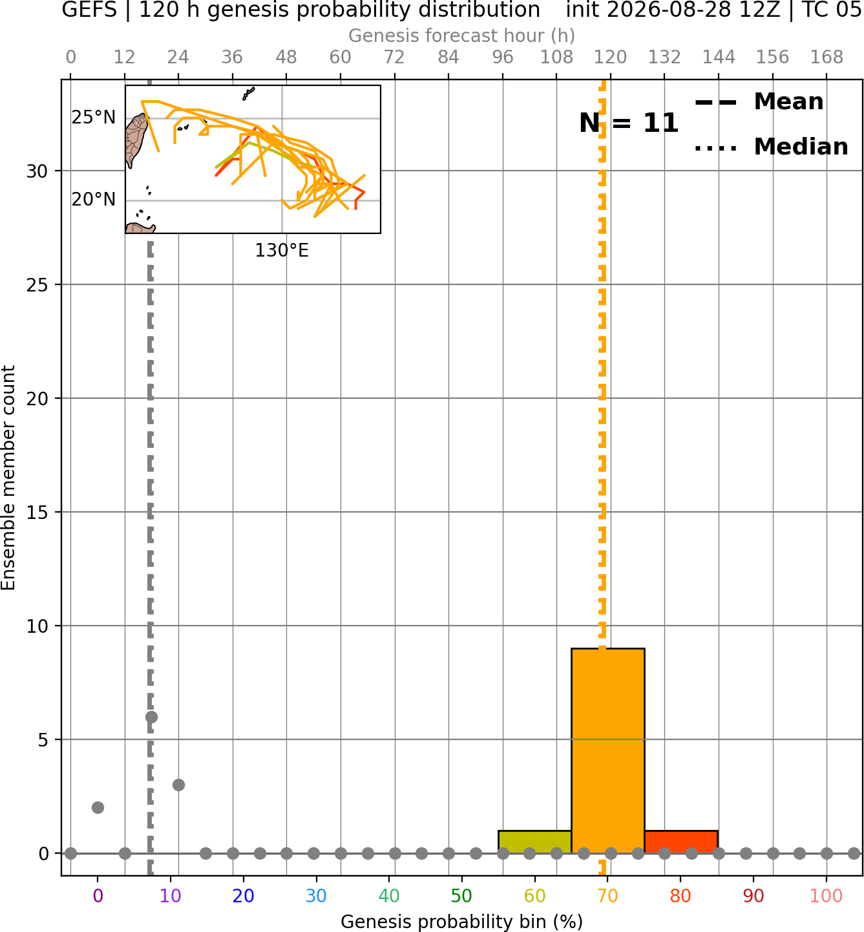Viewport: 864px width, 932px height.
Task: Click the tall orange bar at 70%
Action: [607, 750]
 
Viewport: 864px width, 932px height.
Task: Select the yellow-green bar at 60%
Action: [534, 842]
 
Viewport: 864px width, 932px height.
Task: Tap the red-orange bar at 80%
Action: [681, 842]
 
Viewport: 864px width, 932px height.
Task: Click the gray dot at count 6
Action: [151, 717]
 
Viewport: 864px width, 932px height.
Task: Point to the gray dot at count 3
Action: [178, 785]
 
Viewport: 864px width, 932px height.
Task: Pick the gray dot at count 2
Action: [98, 808]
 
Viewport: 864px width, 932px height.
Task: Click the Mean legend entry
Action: [759, 102]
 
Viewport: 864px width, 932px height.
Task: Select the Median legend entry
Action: [771, 147]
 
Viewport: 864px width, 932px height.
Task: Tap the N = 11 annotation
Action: [629, 123]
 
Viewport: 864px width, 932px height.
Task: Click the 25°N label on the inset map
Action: [94, 118]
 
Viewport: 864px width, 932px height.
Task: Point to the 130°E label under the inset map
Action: [282, 251]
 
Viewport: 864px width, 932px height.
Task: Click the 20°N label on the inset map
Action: [94, 200]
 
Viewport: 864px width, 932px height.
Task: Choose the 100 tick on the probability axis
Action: [826, 896]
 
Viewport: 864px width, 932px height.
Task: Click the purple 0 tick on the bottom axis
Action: [98, 896]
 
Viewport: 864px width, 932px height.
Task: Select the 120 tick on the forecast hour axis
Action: [610, 58]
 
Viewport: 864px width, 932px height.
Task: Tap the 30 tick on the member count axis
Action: [37, 171]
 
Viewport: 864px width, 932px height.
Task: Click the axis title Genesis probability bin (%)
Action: [462, 922]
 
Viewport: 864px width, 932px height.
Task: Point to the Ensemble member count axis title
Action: [8, 478]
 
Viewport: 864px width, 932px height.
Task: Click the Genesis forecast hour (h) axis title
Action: [462, 36]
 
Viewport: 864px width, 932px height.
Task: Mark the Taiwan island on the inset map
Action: [136, 139]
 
